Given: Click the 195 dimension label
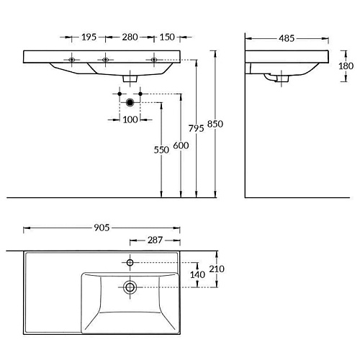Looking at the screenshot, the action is [x=89, y=37].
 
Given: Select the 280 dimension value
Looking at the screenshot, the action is [x=130, y=37].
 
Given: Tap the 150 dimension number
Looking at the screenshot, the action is [x=167, y=37].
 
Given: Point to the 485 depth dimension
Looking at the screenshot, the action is [x=287, y=38].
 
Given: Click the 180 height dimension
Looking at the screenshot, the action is [x=346, y=66].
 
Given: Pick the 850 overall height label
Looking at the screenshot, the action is [x=215, y=124].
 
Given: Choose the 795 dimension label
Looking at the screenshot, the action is [x=196, y=128].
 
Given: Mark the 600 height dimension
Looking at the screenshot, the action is [x=181, y=145].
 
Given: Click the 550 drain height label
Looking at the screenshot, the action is [x=161, y=150].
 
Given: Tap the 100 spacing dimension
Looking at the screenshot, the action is [x=130, y=120].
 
